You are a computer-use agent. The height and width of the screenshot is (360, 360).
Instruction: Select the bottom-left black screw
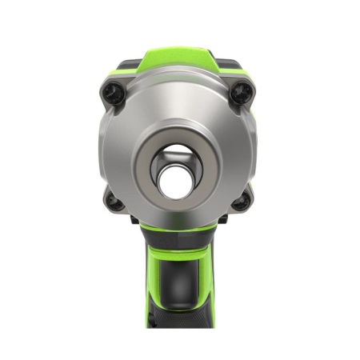(x=114, y=202)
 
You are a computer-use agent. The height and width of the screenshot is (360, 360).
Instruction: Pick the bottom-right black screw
(x=241, y=202)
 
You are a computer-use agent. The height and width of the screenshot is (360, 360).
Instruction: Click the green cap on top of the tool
(x=178, y=59)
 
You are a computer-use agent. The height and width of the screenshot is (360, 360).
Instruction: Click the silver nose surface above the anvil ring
(x=178, y=104)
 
